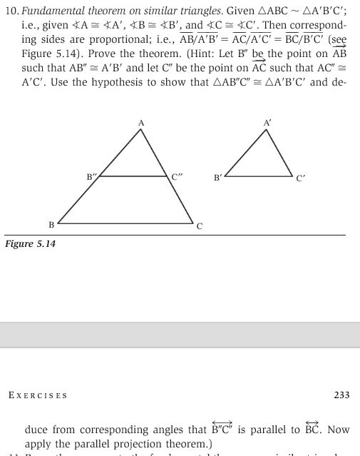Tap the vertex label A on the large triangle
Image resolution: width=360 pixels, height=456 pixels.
pyautogui.click(x=141, y=123)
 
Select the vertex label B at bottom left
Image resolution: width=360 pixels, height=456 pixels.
pyautogui.click(x=51, y=226)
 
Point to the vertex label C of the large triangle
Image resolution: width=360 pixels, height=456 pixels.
pyautogui.click(x=200, y=226)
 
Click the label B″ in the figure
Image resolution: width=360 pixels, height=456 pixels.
pyautogui.click(x=91, y=176)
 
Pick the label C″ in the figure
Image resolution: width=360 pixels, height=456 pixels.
pyautogui.click(x=178, y=176)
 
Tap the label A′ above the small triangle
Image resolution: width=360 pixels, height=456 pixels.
pyautogui.click(x=267, y=123)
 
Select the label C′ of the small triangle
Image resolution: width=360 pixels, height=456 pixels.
pyautogui.click(x=301, y=178)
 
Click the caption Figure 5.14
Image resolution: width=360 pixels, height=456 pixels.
pyautogui.click(x=31, y=244)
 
